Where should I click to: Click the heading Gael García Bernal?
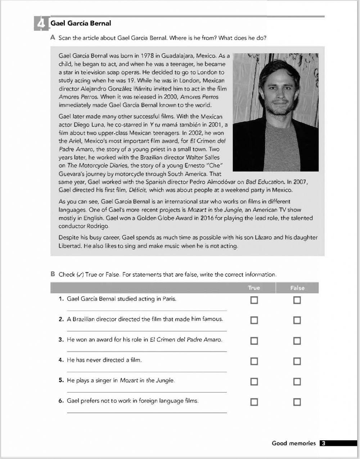[81, 23]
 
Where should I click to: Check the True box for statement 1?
[254, 300]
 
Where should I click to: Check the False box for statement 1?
[297, 300]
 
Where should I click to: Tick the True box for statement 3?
[254, 341]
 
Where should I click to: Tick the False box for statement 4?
[297, 361]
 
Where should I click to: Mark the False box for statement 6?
[297, 402]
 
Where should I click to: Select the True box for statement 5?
[254, 382]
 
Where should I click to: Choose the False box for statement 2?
[297, 320]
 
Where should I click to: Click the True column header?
[254, 288]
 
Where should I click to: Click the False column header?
[297, 288]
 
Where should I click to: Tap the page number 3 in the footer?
[323, 444]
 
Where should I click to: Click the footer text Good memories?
[293, 444]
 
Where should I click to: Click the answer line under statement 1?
[147, 310]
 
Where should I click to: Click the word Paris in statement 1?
[169, 299]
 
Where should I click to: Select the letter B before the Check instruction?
[53, 274]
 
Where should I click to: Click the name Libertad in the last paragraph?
[70, 246]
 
